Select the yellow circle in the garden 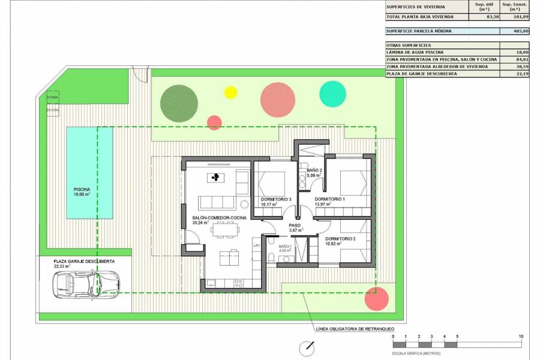point(230,92)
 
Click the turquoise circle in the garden point(332,92)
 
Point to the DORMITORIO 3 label point(276,199)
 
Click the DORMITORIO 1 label point(330,199)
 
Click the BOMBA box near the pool point(52,97)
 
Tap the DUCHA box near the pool point(52,110)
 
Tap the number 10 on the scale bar point(521,337)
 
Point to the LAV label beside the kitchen point(256,245)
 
